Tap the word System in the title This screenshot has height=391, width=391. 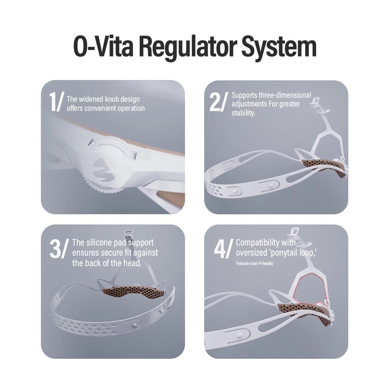(279, 47)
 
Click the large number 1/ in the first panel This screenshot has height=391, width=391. (57, 101)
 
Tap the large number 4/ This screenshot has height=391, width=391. (223, 249)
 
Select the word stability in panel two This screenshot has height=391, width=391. (243, 113)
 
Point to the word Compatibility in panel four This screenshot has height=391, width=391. (258, 243)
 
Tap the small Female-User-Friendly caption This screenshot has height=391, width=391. (255, 264)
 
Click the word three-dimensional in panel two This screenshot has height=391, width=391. (285, 95)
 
